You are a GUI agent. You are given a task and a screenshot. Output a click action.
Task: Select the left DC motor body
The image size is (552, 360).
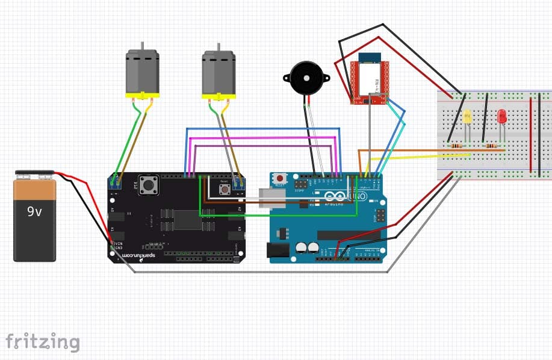point(141,72)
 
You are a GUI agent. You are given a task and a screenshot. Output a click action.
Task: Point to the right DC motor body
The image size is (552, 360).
point(218,73)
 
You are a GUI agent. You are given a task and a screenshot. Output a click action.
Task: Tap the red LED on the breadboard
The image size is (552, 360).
point(501,116)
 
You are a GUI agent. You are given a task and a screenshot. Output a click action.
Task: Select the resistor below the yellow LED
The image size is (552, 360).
point(457,145)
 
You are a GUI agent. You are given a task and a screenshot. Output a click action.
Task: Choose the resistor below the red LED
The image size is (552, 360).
point(492,145)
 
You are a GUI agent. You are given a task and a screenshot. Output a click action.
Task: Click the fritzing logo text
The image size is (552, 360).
point(42,341)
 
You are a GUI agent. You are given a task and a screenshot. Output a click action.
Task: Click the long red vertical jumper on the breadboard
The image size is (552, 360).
point(530,135)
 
